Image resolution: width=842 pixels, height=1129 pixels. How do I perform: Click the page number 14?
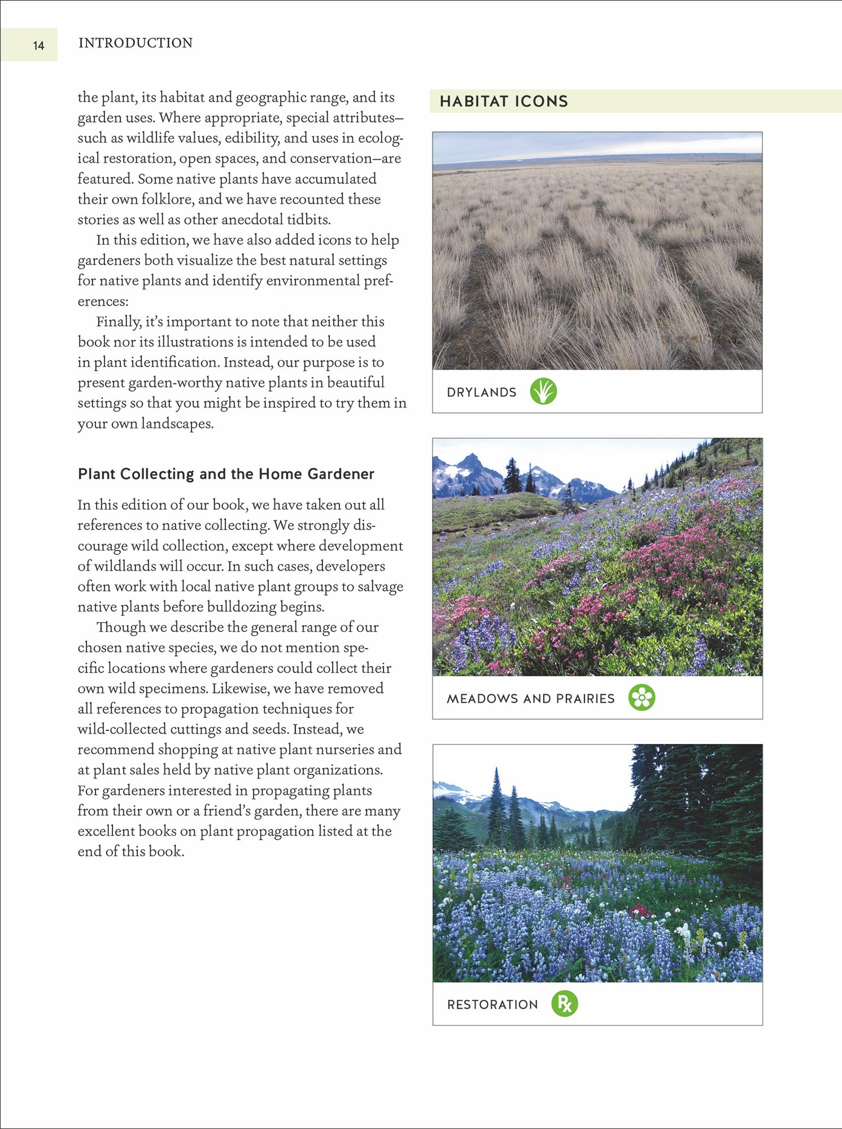coord(38,46)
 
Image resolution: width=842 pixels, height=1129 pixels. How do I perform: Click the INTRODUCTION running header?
coord(136,43)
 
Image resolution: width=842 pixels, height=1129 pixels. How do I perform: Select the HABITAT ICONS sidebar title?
coord(504,102)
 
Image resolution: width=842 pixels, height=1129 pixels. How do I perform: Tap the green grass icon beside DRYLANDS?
coord(543,391)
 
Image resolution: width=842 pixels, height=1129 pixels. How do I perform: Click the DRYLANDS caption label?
coord(481,392)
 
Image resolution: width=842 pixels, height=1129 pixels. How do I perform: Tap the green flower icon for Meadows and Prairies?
coord(642,697)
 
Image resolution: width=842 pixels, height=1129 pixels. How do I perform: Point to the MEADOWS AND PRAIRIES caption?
coord(530,698)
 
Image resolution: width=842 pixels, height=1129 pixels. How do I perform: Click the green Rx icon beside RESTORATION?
coord(564,1003)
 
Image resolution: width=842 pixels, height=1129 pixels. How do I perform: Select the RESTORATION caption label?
coord(492,1004)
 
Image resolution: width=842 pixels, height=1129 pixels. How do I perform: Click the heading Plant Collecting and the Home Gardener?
coord(226,474)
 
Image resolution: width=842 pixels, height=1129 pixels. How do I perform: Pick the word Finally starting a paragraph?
coord(118,322)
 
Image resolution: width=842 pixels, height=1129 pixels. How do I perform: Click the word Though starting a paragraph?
coord(121,627)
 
